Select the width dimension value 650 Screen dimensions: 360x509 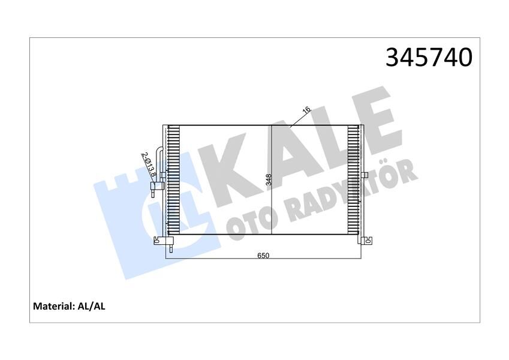point(263,255)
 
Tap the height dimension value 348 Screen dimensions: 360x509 point(269,180)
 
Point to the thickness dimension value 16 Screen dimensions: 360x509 point(306,110)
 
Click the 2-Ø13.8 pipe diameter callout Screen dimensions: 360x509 point(149,164)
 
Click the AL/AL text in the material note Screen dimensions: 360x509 point(92,306)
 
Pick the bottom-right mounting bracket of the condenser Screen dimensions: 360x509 point(366,241)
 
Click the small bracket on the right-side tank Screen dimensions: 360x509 point(365,175)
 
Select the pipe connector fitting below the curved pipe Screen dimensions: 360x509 point(155,187)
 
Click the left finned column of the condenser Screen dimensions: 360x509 point(173,180)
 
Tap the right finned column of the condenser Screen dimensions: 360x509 point(354,180)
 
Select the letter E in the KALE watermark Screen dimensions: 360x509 point(375,123)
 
